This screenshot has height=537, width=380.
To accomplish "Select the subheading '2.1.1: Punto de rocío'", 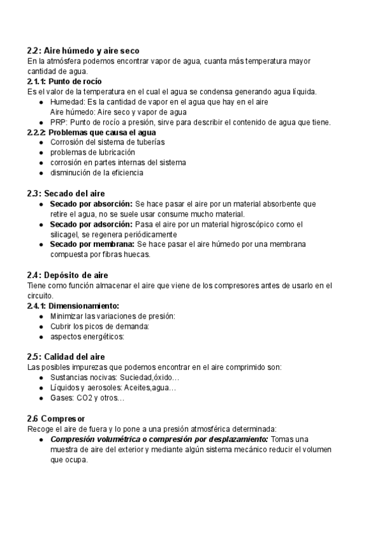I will click(65, 82).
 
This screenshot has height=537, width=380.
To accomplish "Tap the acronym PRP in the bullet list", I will click(58, 122).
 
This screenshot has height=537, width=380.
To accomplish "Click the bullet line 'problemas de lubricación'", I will click(92, 153).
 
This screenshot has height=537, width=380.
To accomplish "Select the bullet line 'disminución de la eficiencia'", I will click(97, 172).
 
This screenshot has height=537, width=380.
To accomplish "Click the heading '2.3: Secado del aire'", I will click(66, 193).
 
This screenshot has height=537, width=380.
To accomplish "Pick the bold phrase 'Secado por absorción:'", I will click(91, 204).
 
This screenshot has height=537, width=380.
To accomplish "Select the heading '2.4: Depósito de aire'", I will click(67, 275).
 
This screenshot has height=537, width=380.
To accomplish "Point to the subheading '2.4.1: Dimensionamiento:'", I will click(73, 306).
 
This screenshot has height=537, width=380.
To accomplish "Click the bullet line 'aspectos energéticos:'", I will click(87, 336).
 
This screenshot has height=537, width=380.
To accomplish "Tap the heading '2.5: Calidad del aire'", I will click(66, 357).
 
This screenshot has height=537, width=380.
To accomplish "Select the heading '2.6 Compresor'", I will click(56, 419).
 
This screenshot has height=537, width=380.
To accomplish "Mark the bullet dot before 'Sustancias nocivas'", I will click(41, 378).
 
